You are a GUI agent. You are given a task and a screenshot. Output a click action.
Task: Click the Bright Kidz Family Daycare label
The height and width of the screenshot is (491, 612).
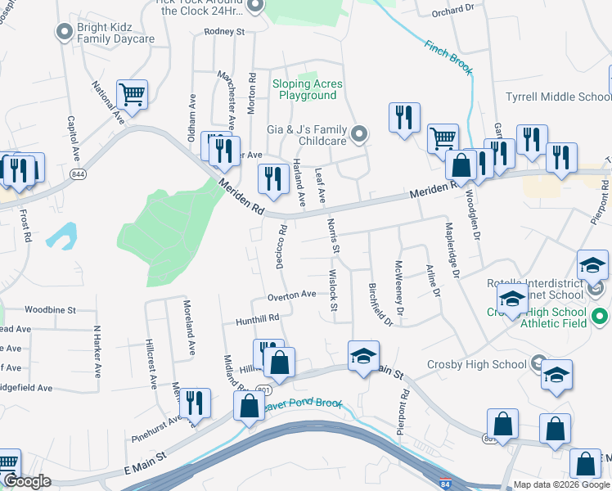[115, 33]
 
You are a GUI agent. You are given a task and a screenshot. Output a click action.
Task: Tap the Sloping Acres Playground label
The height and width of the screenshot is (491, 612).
[308, 90]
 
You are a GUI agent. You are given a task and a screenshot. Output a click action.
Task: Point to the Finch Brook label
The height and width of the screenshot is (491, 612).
[448, 58]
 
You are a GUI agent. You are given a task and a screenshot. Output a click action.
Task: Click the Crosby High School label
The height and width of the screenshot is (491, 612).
[476, 364]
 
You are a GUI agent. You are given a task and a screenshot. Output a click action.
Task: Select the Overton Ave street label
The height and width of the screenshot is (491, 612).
[291, 295]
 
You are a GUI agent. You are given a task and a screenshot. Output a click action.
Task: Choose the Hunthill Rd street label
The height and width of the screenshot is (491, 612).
[258, 318]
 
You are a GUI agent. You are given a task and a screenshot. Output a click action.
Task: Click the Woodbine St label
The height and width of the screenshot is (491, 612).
[50, 310]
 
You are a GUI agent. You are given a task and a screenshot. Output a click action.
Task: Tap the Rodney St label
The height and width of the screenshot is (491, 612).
[225, 32]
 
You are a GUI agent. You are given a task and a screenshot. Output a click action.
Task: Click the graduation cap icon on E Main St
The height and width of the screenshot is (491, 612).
[363, 356]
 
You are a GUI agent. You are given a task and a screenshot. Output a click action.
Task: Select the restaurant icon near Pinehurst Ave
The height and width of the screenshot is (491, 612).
[194, 403]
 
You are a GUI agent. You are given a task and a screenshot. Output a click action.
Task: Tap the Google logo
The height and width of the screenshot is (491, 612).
[28, 481]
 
